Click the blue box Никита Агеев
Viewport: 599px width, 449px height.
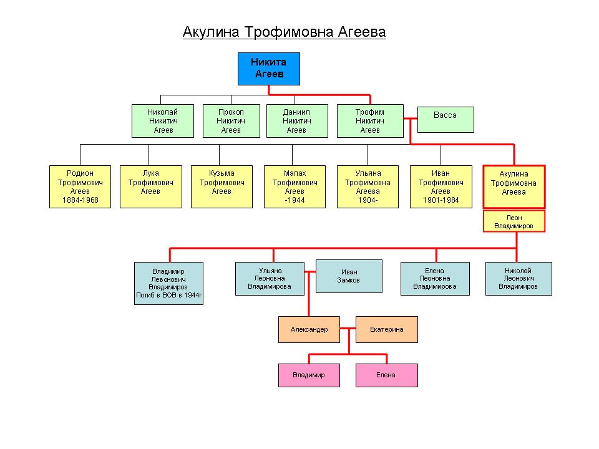268,69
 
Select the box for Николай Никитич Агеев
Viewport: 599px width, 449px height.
163,121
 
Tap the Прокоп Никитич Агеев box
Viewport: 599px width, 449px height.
231,121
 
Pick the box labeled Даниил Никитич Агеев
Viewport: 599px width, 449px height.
297,121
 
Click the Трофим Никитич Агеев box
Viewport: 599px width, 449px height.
370,121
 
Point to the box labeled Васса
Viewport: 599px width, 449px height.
446,120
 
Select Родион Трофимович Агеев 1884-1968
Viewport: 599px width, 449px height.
80,186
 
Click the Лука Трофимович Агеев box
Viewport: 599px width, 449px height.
151,186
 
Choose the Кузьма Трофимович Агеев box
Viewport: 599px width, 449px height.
222,186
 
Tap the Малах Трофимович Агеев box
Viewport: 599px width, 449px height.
295,186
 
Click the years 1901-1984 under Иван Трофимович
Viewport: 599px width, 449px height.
441,200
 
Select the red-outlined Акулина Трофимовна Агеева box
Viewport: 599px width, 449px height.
514,186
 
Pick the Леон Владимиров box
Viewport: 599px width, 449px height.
514,221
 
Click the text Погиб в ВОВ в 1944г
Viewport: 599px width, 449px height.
169,295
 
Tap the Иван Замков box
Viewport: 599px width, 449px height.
349,276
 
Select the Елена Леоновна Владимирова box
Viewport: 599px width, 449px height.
435,279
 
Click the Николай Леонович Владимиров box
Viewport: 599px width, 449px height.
519,279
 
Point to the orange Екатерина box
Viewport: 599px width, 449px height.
387,329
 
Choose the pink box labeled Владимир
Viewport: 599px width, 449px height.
309,375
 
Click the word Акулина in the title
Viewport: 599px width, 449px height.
211,32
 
